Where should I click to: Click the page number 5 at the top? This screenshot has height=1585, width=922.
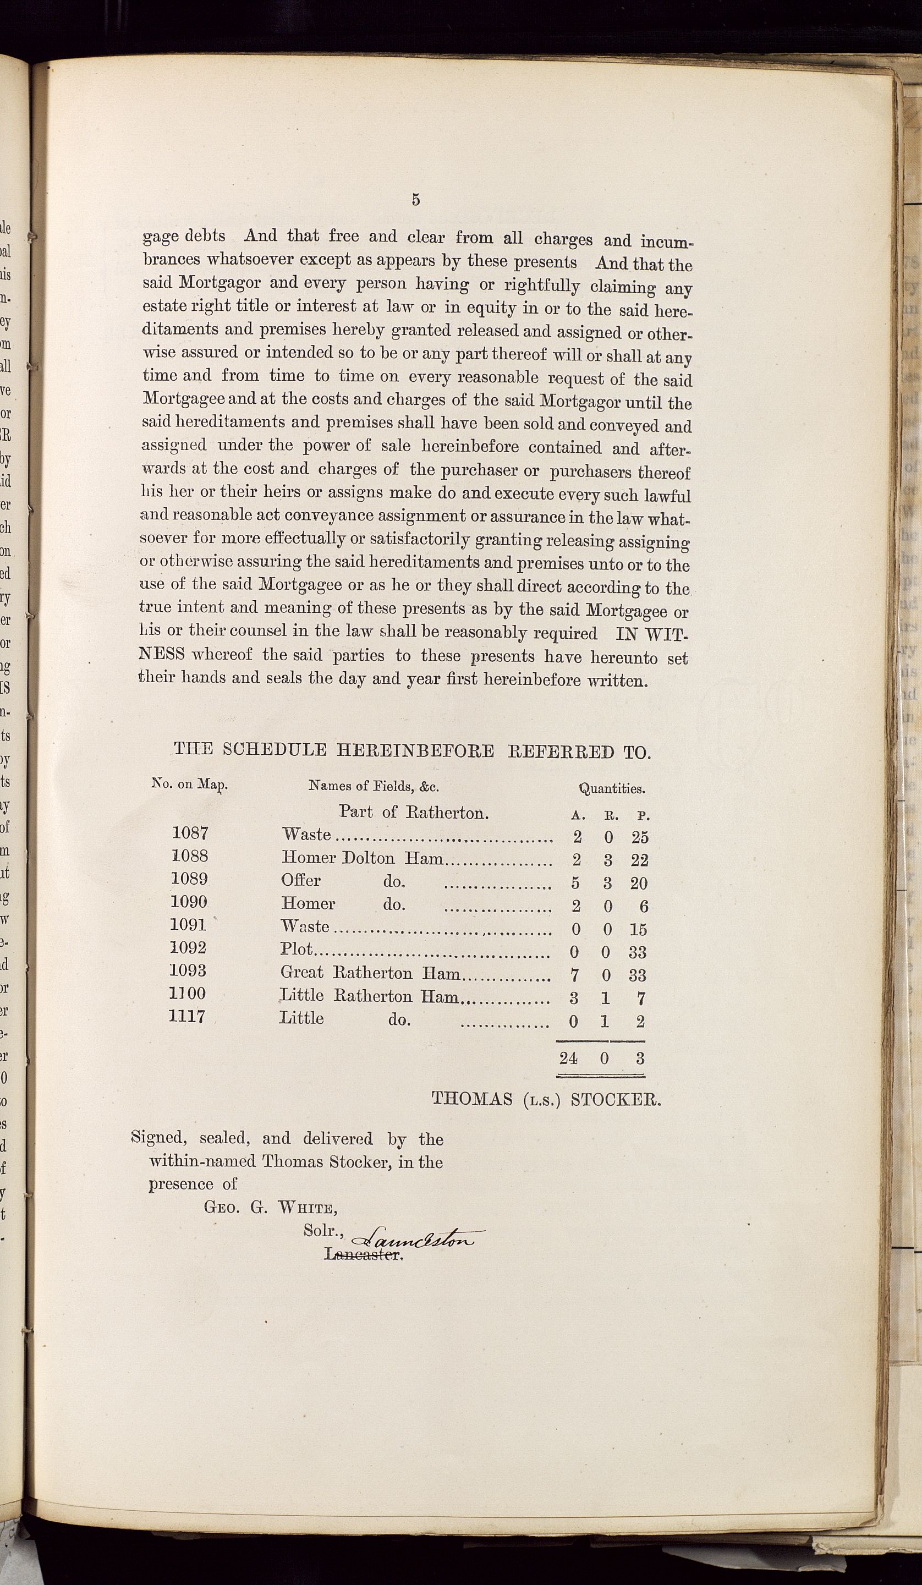click(415, 200)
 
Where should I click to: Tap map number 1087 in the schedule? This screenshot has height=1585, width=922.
click(190, 833)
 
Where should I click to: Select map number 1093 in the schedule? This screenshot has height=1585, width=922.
click(188, 970)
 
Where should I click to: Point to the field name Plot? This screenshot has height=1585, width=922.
click(296, 949)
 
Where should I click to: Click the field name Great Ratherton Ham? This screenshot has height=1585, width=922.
click(370, 973)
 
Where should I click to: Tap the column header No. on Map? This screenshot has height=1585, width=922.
click(189, 785)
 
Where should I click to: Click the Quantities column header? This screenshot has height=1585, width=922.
click(611, 788)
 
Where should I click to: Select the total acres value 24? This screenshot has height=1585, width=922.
click(568, 1058)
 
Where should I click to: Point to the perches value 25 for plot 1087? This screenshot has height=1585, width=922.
click(640, 837)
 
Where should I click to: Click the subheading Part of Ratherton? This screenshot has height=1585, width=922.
click(414, 812)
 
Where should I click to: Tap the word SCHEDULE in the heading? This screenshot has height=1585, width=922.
click(275, 750)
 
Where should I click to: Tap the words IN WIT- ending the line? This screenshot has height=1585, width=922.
click(654, 633)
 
